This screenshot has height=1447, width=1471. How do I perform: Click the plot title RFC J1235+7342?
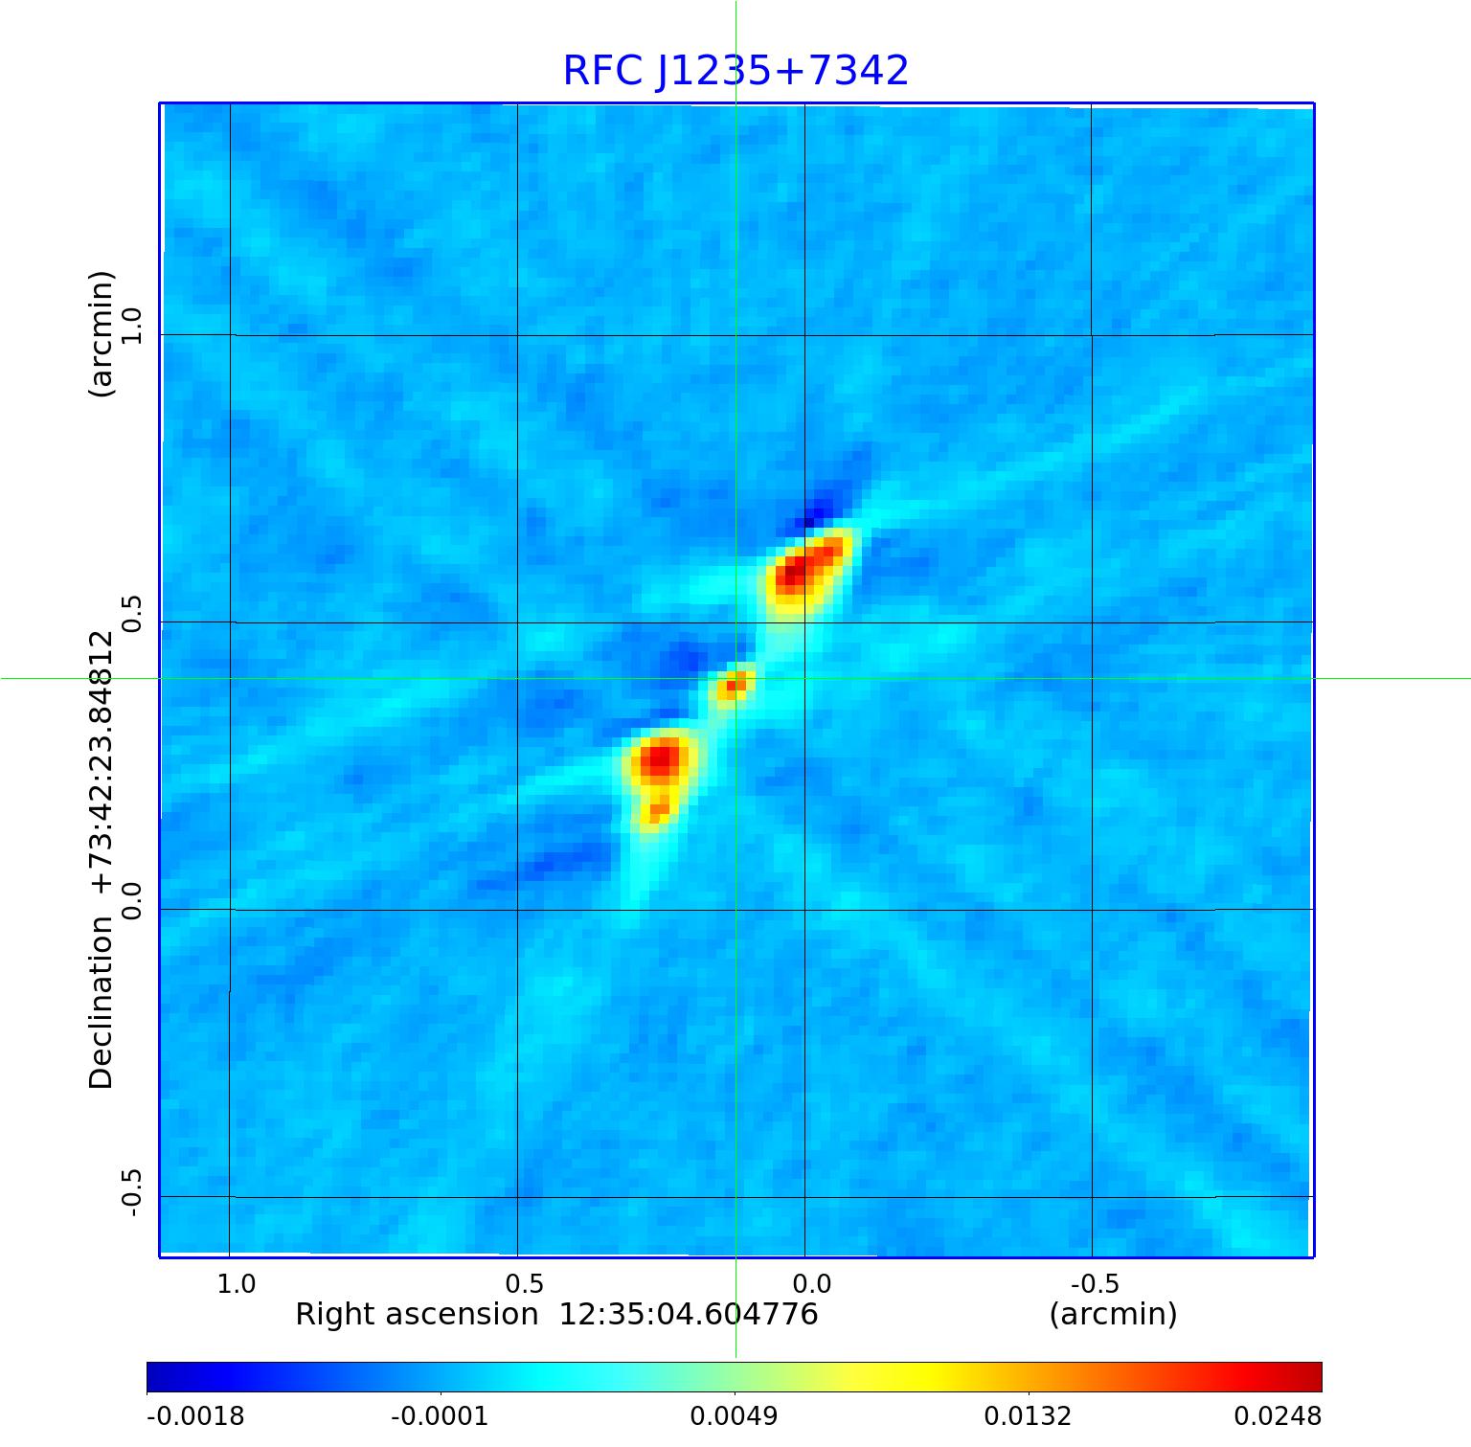tap(735, 71)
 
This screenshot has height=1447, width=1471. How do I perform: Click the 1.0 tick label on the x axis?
tap(237, 1283)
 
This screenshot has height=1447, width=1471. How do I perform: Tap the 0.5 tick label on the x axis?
tap(524, 1283)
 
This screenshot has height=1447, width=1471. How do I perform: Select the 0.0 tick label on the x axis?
tap(811, 1283)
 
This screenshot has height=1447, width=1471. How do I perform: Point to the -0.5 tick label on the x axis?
tap(1094, 1283)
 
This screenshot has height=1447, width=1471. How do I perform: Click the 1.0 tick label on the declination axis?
tap(131, 326)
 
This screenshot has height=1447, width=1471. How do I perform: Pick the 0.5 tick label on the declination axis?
tap(131, 613)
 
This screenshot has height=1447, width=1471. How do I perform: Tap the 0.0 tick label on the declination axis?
tap(131, 900)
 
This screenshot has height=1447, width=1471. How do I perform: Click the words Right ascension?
tap(417, 1314)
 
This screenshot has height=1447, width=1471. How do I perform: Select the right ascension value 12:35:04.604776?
tap(689, 1314)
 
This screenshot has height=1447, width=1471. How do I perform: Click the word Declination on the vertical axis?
tap(102, 1003)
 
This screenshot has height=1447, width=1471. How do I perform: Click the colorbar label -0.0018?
tap(195, 1415)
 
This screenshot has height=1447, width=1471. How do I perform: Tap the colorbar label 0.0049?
tap(734, 1415)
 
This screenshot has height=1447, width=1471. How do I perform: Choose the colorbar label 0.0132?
tap(1028, 1415)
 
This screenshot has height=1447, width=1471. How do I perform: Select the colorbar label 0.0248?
tap(1277, 1415)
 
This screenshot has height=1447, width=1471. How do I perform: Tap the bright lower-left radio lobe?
tap(659, 766)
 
